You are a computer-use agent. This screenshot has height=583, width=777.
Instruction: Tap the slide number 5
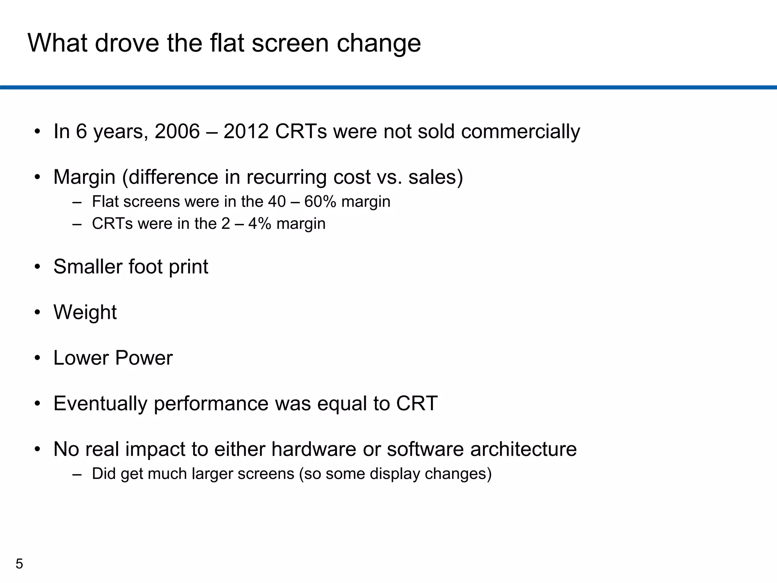tap(19, 564)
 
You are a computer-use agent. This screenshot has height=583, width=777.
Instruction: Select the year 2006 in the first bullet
tap(177, 131)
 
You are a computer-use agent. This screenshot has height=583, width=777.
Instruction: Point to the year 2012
tap(246, 131)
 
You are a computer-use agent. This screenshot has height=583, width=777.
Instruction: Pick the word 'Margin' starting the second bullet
tap(84, 177)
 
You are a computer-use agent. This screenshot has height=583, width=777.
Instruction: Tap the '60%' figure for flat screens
tap(320, 202)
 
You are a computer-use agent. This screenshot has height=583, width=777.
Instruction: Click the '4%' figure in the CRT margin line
tap(260, 224)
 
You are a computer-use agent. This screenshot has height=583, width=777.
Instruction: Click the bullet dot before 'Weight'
tap(37, 313)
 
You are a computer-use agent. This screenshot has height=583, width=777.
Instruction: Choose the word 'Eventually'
tap(100, 404)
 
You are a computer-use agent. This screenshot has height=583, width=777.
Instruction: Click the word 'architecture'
tap(523, 449)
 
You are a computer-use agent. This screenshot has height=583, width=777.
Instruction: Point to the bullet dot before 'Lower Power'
tap(37, 358)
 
